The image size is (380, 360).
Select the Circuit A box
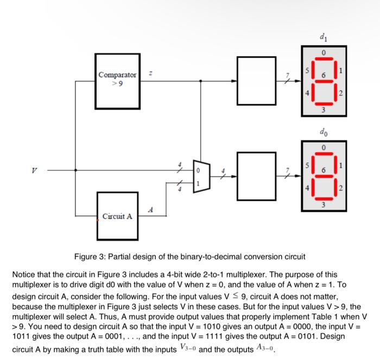coord(117,216)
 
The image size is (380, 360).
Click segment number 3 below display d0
coord(324,205)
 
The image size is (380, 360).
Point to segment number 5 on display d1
coord(307,70)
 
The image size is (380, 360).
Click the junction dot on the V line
coord(75,170)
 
